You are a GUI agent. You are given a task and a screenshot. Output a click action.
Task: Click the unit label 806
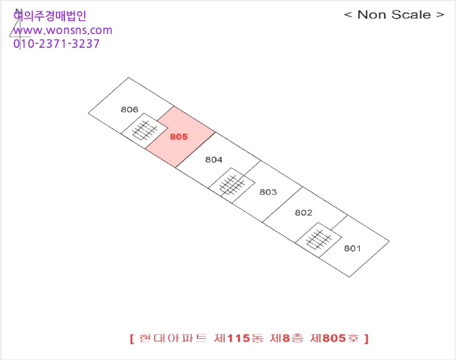click(x=129, y=110)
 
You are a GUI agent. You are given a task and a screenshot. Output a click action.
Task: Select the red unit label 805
click(x=178, y=137)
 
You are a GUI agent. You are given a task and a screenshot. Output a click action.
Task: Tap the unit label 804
click(x=214, y=159)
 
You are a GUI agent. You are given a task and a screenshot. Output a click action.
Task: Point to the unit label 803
click(x=268, y=192)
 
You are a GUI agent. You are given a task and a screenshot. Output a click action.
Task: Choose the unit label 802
click(x=304, y=212)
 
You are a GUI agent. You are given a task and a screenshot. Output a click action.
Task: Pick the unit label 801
click(x=352, y=249)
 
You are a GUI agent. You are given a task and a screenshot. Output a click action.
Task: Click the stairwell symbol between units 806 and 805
click(x=144, y=130)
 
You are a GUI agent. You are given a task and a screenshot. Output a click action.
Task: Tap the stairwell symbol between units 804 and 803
click(x=232, y=185)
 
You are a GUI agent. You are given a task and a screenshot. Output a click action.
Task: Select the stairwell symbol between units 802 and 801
click(x=318, y=240)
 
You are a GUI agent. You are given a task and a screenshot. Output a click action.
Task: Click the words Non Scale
click(x=394, y=14)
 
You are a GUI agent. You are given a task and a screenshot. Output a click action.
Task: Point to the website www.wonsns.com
click(x=63, y=30)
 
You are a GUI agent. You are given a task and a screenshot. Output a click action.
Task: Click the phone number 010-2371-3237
click(x=56, y=43)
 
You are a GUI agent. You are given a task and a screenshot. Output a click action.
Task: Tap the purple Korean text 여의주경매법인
click(x=50, y=15)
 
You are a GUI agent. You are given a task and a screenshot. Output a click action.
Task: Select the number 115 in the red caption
click(x=238, y=338)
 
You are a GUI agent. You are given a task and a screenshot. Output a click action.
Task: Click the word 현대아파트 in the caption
click(x=173, y=338)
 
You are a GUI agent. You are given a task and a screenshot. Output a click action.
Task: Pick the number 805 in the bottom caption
click(x=335, y=338)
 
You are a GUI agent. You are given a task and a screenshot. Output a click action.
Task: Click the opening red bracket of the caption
click(x=132, y=338)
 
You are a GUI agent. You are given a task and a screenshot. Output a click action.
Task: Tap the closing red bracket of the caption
click(x=366, y=338)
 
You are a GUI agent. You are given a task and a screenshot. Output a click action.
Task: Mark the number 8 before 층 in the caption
click(x=287, y=338)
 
